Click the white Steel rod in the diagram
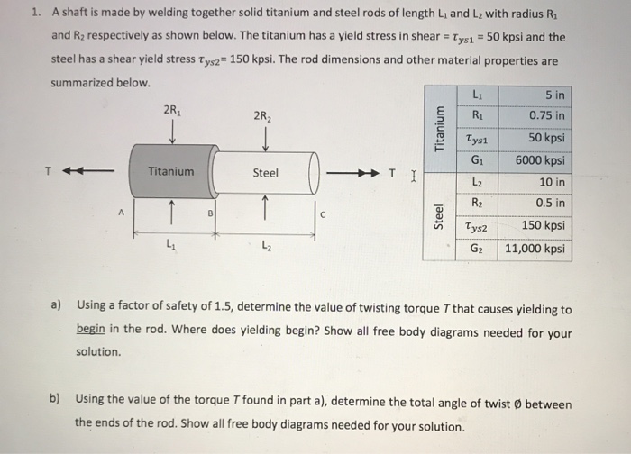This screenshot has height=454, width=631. [x=265, y=173]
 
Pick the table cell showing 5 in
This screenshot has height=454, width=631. [x=537, y=94]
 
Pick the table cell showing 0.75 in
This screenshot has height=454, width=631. [x=537, y=115]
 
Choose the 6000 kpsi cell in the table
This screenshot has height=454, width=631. [x=537, y=160]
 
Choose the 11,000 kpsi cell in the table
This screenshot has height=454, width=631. [x=537, y=248]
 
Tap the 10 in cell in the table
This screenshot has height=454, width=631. [x=537, y=182]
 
